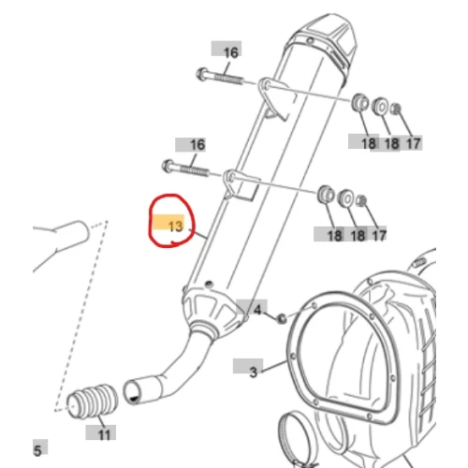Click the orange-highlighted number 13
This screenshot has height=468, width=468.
click(x=175, y=227)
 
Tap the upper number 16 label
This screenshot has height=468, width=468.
click(x=231, y=52)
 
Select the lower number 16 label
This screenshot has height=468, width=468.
click(x=197, y=145)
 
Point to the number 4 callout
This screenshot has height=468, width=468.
click(x=257, y=310)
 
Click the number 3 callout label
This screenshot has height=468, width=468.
click(x=254, y=372)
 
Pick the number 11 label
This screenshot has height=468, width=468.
click(x=104, y=434)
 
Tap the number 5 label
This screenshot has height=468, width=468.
click(x=37, y=450)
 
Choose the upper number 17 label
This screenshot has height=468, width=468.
click(x=413, y=144)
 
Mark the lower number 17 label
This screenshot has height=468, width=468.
click(x=379, y=235)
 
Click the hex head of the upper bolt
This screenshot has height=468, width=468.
click(x=202, y=74)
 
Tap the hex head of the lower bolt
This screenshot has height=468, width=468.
click(x=168, y=166)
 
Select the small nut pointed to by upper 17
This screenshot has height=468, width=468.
click(x=396, y=109)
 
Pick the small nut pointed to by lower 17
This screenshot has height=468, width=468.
click(x=361, y=200)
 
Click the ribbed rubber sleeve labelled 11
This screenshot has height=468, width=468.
click(x=93, y=401)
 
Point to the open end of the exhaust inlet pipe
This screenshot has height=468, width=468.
click(x=131, y=392)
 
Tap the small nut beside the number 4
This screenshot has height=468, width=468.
click(x=282, y=318)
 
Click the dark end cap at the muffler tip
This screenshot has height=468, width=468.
click(x=325, y=39)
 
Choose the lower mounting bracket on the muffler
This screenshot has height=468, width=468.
click(x=240, y=184)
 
